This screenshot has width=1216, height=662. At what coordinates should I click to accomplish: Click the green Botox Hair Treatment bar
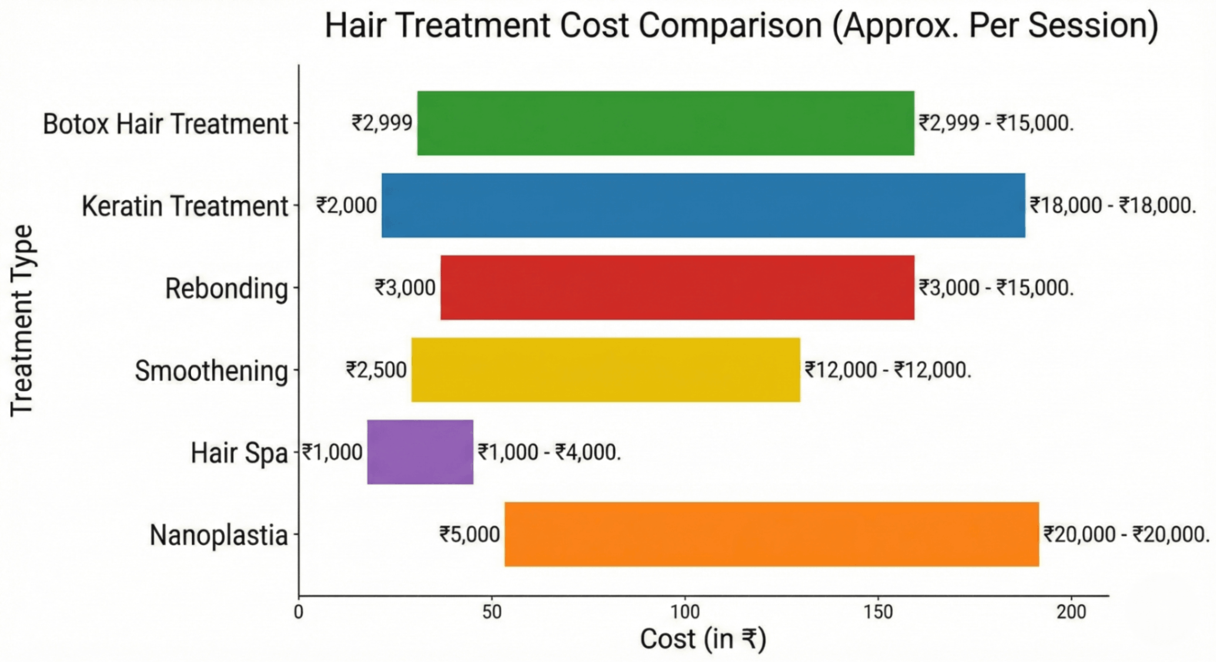pos(665,123)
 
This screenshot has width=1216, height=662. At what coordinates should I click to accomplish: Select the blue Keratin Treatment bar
pos(703,206)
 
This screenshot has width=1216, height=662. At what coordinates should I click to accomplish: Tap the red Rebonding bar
pos(677,288)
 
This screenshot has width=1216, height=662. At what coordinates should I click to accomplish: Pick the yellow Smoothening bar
pos(605,370)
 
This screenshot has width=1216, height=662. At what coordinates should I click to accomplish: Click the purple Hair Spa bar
pos(420,452)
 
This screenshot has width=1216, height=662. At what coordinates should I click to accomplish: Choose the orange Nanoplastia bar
pos(771,535)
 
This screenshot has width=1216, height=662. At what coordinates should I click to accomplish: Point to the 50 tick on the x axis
pos(492,612)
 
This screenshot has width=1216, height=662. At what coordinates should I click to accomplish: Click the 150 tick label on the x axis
pos(878,612)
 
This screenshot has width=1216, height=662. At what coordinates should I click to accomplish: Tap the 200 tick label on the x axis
pos(1071,612)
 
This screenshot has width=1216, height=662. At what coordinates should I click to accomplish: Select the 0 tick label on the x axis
pos(299,612)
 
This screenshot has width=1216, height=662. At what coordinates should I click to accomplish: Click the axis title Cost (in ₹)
pos(703,639)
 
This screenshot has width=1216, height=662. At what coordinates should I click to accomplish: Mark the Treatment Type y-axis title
pos(22,321)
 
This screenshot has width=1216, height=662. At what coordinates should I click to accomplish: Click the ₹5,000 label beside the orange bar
pos(469,535)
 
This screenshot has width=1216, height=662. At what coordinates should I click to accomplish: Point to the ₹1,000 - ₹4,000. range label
pos(549,452)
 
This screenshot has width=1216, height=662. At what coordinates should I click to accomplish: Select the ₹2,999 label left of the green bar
pos(382,123)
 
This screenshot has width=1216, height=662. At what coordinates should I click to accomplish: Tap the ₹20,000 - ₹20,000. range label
pos(1126,535)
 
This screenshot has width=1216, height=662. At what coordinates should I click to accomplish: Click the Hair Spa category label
pos(239,453)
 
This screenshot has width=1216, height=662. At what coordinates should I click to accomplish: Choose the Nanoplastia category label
pos(219,536)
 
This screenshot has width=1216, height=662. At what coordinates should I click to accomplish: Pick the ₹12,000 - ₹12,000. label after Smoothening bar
pos(887,370)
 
